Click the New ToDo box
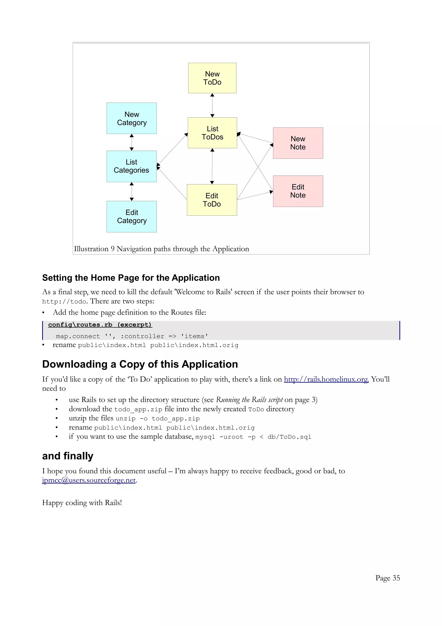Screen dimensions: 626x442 pos(212,78)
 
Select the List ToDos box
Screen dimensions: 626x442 pos(212,133)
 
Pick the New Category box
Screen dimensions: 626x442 pos(131,118)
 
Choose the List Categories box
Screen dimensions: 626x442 pos(131,166)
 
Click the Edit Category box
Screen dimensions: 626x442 pos(131,216)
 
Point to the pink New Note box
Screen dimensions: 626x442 pos(298,143)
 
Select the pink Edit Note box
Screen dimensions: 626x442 pos(298,191)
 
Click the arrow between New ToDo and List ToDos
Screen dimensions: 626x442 pos(212,105)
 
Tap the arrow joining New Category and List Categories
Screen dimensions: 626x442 pos(131,142)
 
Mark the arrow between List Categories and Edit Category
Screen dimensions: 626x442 pos(131,191)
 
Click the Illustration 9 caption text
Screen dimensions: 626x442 pos(161,249)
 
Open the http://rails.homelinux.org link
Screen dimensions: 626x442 pos(326,379)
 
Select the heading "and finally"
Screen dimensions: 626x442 pos(68,456)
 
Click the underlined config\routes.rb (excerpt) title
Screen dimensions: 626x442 pos(100,324)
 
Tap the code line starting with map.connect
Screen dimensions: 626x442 pos(132,336)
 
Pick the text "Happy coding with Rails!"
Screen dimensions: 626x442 pos(82,502)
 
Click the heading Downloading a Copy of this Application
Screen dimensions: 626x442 pos(140,364)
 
